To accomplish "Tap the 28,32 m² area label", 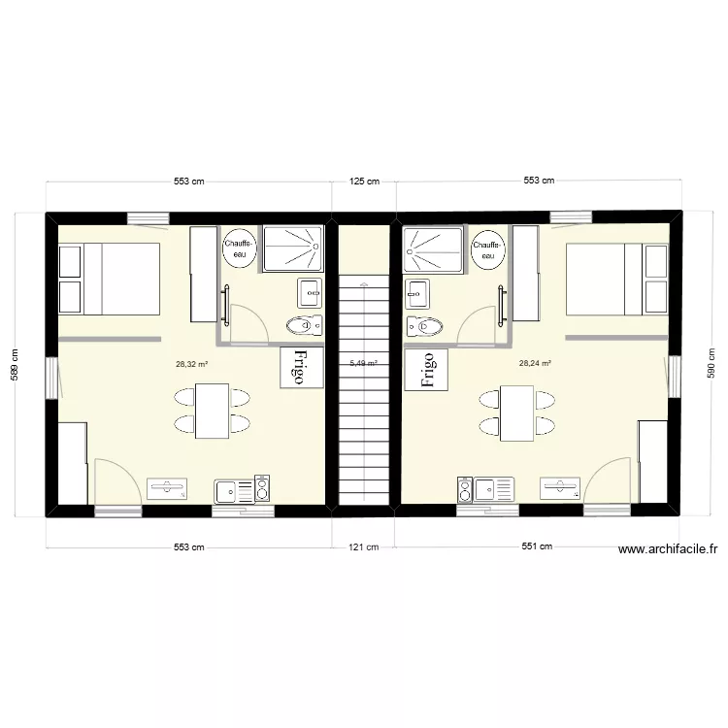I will (x=191, y=365).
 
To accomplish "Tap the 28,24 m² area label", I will (x=535, y=364).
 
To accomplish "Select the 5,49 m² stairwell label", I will (x=363, y=364).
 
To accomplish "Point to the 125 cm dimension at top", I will (x=364, y=181).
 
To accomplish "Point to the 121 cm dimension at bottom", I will (x=363, y=547).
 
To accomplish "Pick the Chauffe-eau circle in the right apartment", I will (x=486, y=248).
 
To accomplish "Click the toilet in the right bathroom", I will (x=424, y=324).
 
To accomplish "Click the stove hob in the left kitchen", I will (x=260, y=489).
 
